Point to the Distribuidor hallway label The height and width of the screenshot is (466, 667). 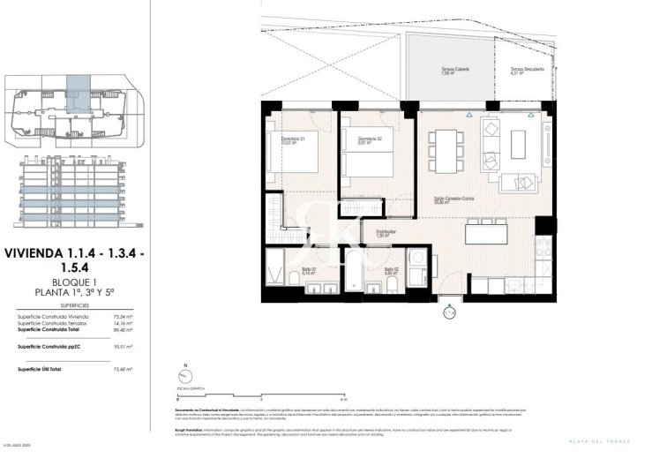(x=384, y=234)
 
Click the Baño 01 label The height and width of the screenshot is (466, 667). (x=309, y=271)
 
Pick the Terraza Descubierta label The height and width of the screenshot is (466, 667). (x=527, y=71)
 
